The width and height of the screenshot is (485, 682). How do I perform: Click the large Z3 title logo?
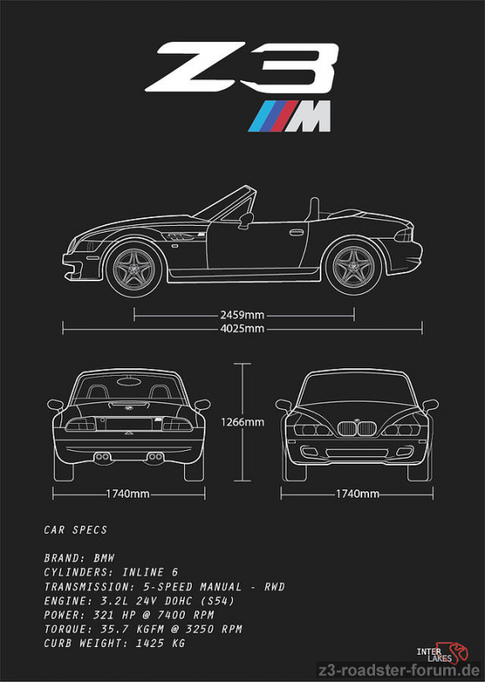coord(242,67)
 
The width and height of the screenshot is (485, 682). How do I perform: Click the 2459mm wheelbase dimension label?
coord(242,315)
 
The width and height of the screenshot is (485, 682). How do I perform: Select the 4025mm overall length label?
coord(242,328)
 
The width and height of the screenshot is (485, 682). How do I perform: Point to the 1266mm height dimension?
coord(242,422)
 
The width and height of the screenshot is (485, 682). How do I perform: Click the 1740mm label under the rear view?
coord(128,494)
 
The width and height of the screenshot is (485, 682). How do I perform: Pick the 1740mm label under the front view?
coord(357,494)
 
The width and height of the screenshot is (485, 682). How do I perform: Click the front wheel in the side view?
coord(134,269)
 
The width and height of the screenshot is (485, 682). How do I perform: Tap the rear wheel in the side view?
coord(354,267)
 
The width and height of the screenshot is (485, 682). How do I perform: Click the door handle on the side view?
coord(297,232)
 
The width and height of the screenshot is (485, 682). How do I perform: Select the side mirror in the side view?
coord(245,220)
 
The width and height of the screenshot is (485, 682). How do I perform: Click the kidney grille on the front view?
coord(356,429)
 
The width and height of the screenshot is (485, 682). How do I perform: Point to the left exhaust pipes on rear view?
coord(102,457)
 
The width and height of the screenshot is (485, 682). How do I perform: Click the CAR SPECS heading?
coord(75,529)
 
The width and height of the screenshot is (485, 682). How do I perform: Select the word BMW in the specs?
coord(104,558)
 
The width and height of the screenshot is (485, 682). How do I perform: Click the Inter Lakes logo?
coord(442,653)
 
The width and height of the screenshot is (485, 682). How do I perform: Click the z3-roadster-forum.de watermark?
coord(399,670)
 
